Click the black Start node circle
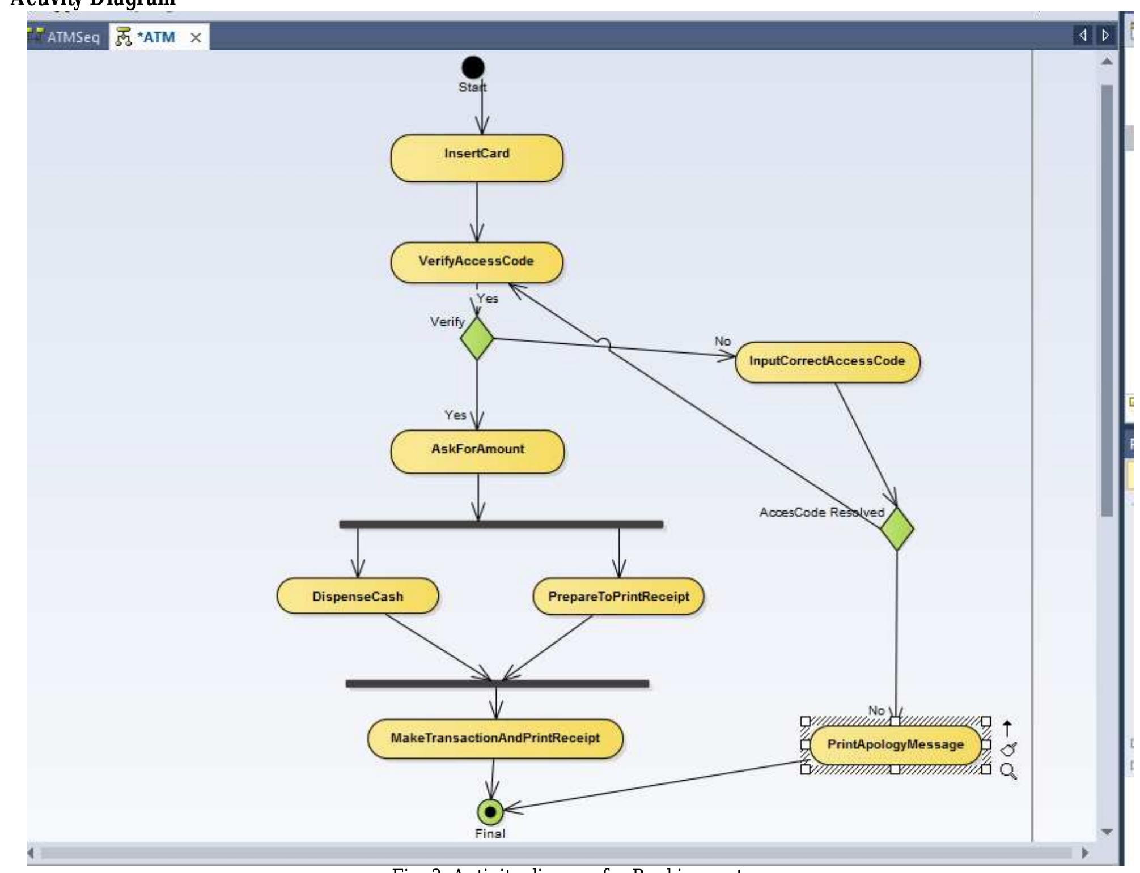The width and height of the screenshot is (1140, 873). point(473,67)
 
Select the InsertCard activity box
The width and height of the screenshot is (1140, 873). point(477,158)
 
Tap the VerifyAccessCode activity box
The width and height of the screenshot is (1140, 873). point(477,262)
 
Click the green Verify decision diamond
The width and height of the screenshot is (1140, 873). point(477,338)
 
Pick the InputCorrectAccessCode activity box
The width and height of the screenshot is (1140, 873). point(827,362)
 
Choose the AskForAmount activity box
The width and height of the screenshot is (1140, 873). point(477,451)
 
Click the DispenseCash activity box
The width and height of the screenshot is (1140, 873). point(358,596)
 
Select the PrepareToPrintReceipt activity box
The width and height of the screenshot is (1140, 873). point(618,597)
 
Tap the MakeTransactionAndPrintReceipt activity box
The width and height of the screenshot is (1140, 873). point(495,739)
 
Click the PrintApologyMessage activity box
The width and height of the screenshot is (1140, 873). point(895,745)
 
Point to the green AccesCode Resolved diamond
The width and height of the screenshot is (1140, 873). point(897,528)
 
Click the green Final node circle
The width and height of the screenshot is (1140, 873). point(490,812)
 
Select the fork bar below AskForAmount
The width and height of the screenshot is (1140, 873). point(501,524)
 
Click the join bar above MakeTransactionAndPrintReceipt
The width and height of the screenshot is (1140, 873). point(497,684)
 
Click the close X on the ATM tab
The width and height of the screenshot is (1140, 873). point(196,38)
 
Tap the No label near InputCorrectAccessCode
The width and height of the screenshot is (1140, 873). point(722,341)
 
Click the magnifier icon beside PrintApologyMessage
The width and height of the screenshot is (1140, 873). point(1008,771)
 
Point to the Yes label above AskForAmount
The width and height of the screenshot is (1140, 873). point(455,415)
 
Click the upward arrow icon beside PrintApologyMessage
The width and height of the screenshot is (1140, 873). point(1007,728)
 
